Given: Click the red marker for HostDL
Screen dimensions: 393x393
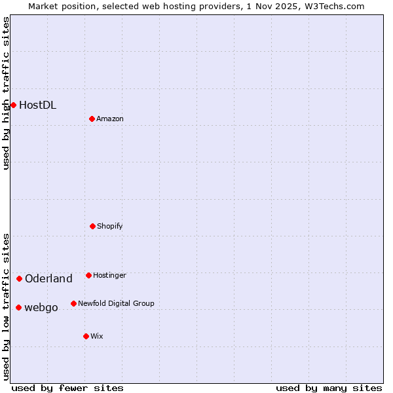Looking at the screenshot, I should point(13,105).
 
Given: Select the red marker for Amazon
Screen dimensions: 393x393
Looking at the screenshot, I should point(92,119).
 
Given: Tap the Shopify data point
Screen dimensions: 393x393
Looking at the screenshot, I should point(92,226).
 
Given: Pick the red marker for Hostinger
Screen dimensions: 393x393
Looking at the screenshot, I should point(88,275).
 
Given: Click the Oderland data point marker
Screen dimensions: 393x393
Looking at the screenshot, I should point(19,278).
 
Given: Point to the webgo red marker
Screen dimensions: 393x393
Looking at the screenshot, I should point(18,307).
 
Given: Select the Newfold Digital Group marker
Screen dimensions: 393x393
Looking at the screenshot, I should point(73,303).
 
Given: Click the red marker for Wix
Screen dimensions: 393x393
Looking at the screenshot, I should point(86,336).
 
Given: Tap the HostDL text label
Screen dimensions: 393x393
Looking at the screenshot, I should point(37,105).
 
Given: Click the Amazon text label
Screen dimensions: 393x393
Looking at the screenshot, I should point(110,119).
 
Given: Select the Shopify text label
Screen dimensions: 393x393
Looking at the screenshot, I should point(110,226).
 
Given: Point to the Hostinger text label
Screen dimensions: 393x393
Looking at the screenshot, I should point(109,275).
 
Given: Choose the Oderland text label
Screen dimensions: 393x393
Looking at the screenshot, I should point(48,278).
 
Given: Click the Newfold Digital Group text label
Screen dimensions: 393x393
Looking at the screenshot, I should point(116,303).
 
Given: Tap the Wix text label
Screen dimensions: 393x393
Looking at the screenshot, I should point(97,336).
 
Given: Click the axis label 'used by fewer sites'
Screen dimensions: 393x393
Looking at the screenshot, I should point(67,388).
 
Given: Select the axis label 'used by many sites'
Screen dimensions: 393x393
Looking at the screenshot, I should point(329,388).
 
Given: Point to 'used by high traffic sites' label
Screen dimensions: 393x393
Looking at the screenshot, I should point(6,93).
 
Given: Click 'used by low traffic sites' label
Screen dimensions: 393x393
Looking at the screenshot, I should point(6,306).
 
